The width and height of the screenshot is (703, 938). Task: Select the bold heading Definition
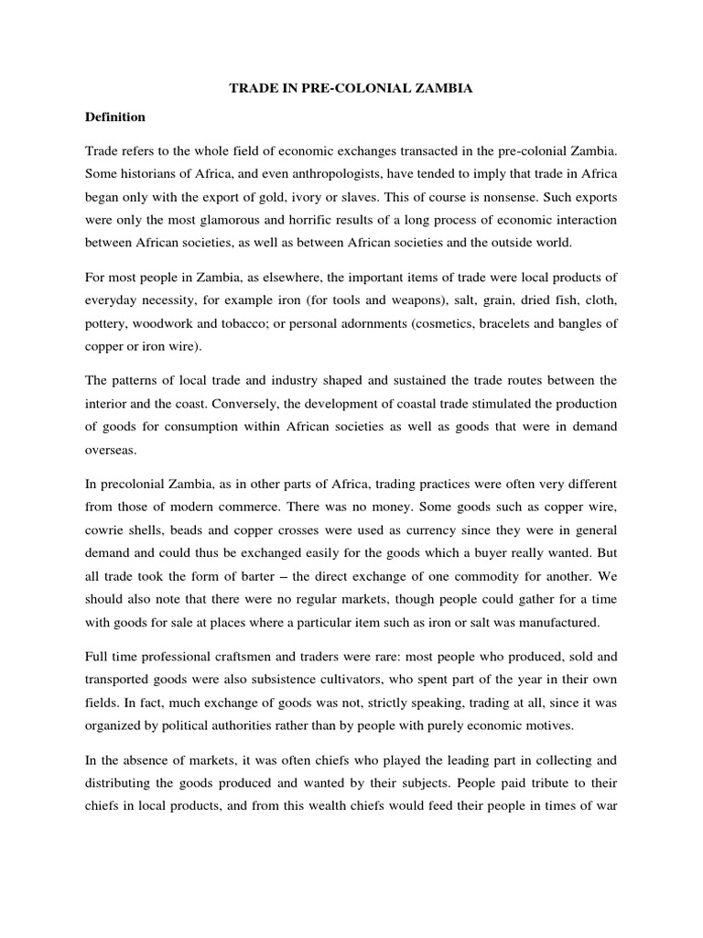pos(115,117)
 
